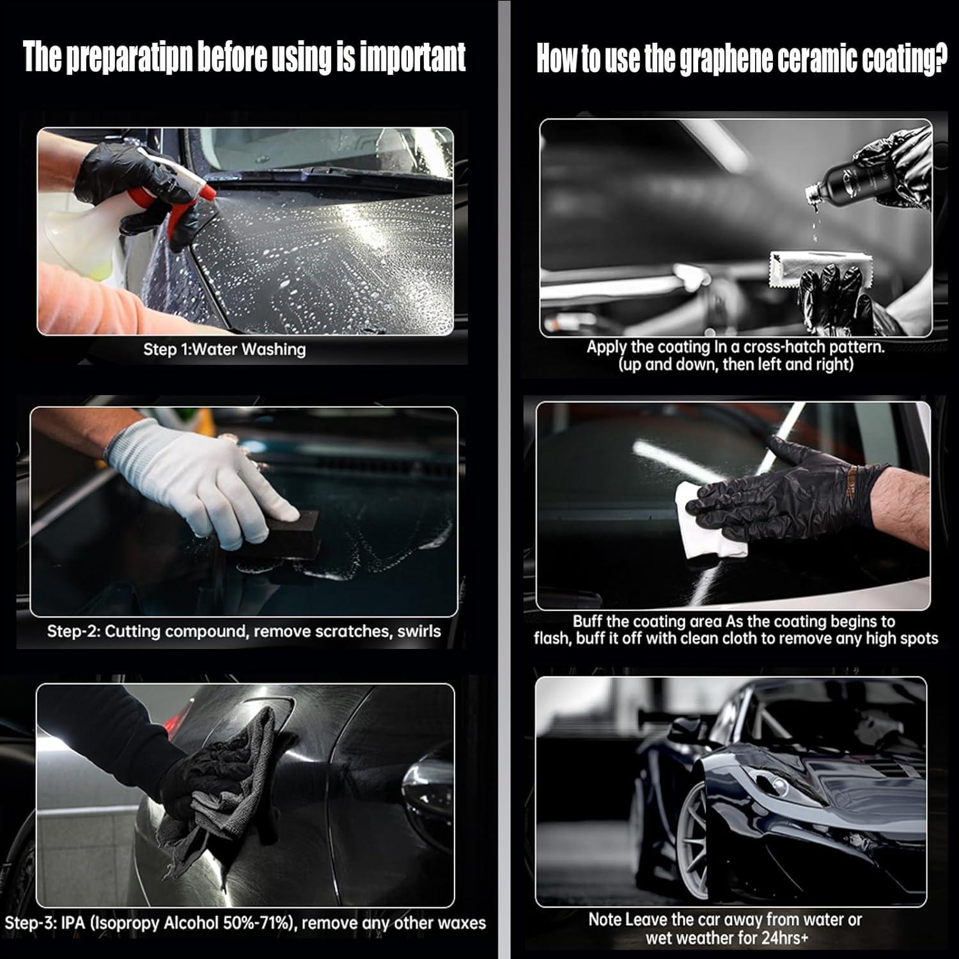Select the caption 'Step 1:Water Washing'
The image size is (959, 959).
point(224,350)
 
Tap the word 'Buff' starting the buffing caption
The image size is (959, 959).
point(587,621)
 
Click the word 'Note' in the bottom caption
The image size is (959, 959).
point(605,920)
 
